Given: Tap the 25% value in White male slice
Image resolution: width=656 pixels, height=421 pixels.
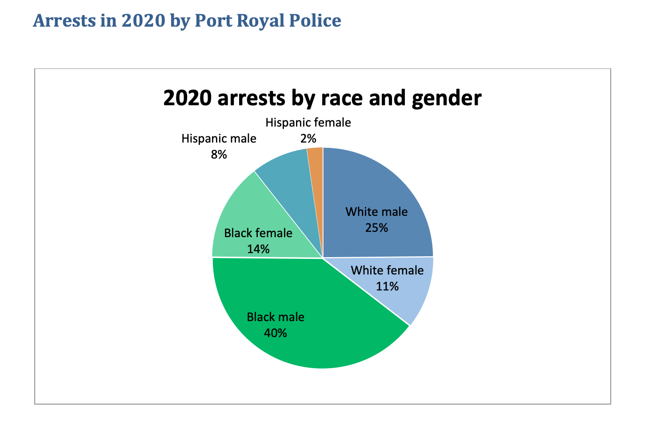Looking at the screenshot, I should pos(376,228).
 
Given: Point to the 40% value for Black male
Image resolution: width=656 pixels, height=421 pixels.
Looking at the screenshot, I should pos(276,333).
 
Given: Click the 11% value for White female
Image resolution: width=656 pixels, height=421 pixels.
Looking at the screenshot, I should pos(387,286).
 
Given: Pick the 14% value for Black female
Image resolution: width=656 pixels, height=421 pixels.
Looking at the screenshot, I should pos(258,249).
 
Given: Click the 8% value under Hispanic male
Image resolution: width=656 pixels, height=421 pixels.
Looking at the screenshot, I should pos(219,155).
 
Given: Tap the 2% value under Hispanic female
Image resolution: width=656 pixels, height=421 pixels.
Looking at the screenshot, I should pos(308,139).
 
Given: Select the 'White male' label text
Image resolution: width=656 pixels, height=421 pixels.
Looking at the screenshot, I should pos(376,212).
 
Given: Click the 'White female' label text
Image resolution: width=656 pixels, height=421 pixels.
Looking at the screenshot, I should pos(387,270).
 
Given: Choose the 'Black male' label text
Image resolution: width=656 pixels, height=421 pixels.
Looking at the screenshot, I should pos(276,317).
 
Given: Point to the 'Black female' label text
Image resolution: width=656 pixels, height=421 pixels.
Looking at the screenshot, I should pos(258,233).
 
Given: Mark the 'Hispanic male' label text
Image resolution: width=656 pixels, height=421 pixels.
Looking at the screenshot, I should pos(219,139).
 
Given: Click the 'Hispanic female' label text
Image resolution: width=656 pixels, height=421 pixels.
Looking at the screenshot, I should pos(308,123).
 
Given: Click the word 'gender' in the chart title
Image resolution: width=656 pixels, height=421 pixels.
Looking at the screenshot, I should pos(446,99).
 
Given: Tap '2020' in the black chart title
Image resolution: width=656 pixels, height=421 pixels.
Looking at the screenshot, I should pos(187,99).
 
